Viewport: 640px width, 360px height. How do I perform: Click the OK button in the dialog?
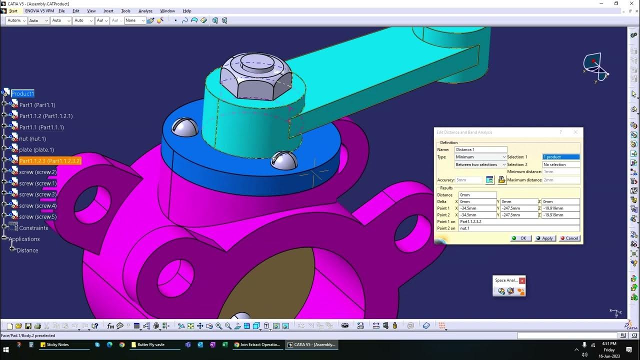point(520,238)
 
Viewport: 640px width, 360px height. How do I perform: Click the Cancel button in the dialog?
point(569,238)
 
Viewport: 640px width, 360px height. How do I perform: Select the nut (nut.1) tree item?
point(32,138)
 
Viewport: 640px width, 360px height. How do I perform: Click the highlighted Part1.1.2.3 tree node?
point(50,161)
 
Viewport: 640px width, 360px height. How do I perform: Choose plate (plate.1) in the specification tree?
point(36,149)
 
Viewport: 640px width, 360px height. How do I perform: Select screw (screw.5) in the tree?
point(37,216)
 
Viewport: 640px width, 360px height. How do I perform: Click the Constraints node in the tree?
point(33,228)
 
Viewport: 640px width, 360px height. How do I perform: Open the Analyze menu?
point(145,11)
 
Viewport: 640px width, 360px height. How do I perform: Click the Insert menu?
point(108,11)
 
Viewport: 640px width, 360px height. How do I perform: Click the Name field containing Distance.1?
point(480,149)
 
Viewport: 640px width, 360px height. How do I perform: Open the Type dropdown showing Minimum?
point(480,157)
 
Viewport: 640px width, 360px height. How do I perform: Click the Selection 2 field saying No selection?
point(560,164)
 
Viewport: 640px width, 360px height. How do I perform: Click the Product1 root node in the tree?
point(22,93)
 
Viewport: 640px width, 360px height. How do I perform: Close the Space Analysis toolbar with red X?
point(522,280)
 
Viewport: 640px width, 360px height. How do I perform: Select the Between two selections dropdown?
point(480,164)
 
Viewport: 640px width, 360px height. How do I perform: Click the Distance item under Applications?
point(27,250)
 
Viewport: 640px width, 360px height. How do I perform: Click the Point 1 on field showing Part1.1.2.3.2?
point(518,221)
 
